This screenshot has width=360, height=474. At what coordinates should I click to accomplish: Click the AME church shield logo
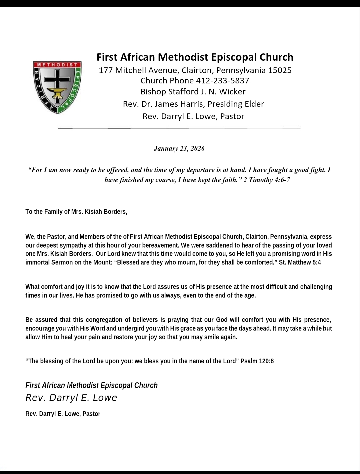click(57, 87)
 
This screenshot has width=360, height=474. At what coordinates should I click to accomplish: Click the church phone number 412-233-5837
click(222, 81)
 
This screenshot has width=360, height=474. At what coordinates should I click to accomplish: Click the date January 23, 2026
click(179, 148)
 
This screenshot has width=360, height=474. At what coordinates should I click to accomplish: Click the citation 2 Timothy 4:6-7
click(267, 180)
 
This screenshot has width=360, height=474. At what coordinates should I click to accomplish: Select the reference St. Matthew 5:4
click(300, 263)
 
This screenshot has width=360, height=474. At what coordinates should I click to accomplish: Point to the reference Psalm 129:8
click(257, 361)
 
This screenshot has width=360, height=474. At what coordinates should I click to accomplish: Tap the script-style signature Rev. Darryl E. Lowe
click(71, 398)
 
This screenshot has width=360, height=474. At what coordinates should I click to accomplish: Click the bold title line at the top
click(195, 57)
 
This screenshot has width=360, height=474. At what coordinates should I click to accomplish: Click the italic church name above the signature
click(91, 386)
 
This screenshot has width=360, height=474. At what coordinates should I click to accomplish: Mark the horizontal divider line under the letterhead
click(179, 128)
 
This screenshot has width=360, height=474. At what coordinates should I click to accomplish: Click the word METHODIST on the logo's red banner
click(57, 64)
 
